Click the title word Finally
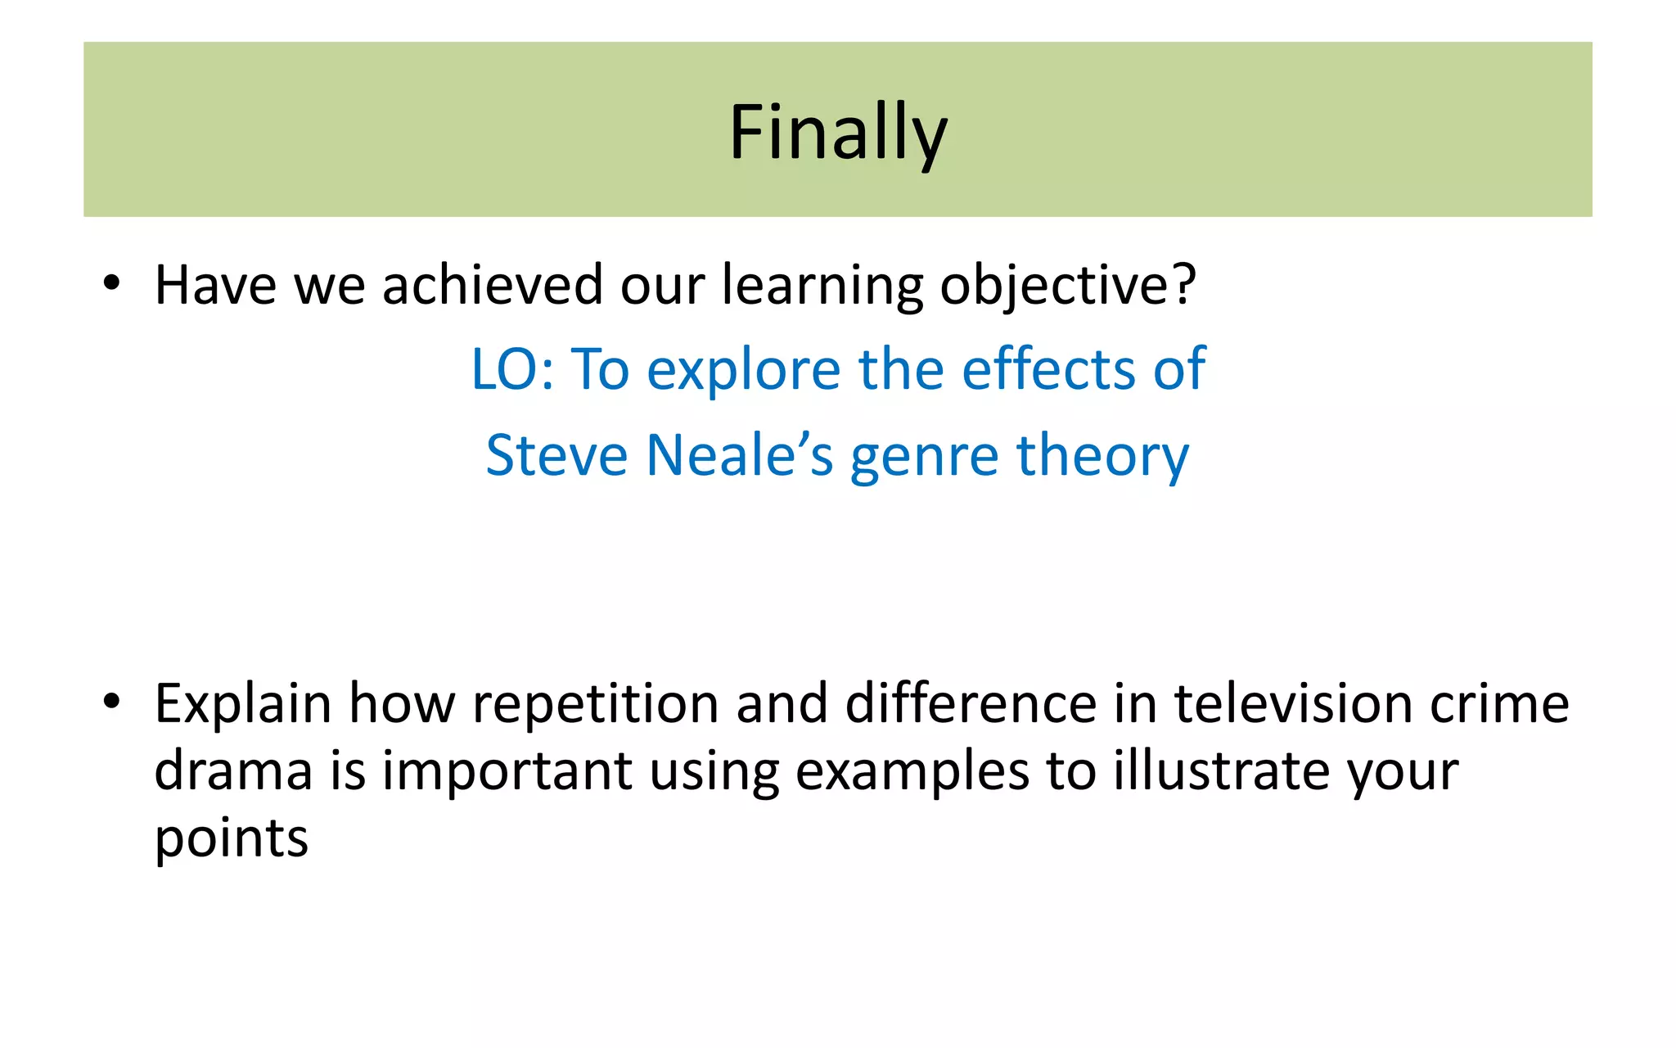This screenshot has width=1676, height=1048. (x=838, y=133)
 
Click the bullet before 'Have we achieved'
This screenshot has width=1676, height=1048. (x=112, y=284)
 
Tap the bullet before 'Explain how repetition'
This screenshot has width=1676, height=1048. (x=112, y=702)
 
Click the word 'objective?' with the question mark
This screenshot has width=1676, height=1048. (x=1068, y=287)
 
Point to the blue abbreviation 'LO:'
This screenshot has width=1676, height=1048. (x=512, y=370)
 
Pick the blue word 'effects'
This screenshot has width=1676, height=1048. (x=1047, y=370)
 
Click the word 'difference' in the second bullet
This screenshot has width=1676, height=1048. (x=971, y=703)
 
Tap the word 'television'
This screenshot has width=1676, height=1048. (x=1294, y=703)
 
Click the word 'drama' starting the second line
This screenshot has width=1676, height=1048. (x=233, y=771)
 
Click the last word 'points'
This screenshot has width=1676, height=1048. (x=232, y=840)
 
